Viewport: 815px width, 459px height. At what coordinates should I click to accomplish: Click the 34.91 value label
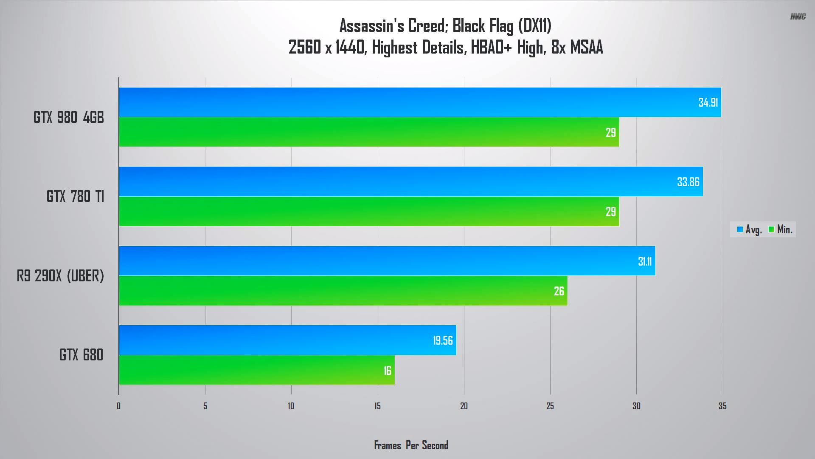(x=708, y=102)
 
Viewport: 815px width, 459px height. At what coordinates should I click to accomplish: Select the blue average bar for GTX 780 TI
(x=410, y=181)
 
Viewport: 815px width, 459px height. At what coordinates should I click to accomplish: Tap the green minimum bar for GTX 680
(x=256, y=370)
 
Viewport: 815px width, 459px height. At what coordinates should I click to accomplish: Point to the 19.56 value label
(x=443, y=340)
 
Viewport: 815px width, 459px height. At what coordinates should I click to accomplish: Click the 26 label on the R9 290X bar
(x=559, y=291)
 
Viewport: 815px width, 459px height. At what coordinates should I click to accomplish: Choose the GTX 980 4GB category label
(x=69, y=117)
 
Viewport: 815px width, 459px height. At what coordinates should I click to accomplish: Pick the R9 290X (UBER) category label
(x=60, y=276)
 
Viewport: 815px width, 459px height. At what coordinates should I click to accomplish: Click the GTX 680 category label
(x=81, y=355)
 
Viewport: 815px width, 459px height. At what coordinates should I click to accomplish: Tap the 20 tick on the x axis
(x=464, y=406)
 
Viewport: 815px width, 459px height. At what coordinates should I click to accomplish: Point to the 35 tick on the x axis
(x=722, y=406)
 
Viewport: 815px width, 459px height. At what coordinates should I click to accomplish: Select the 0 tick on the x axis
(x=119, y=406)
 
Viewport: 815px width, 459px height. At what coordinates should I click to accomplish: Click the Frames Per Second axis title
(x=411, y=445)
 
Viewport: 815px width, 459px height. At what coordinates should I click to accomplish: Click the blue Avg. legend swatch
(x=740, y=229)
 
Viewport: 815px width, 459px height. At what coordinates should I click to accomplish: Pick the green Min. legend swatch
(x=771, y=229)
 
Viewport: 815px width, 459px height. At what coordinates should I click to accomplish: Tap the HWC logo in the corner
(x=798, y=17)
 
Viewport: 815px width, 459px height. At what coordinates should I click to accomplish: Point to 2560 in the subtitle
(x=305, y=47)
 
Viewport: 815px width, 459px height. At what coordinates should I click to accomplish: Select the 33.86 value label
(x=688, y=182)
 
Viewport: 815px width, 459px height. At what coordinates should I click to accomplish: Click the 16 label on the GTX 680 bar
(x=387, y=371)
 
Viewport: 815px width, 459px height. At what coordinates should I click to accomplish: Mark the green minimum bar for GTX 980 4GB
(x=368, y=132)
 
